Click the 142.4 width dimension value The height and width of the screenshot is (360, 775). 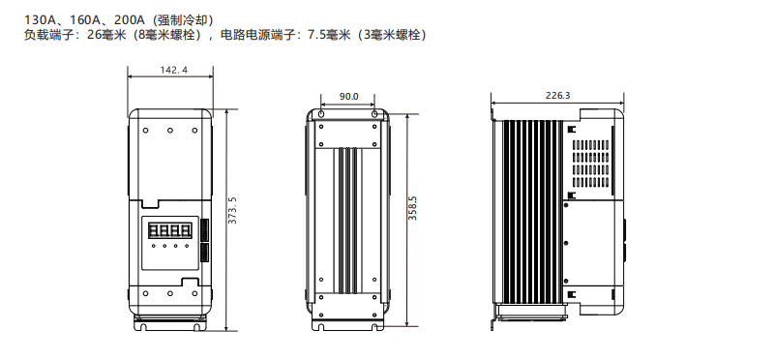coord(173,71)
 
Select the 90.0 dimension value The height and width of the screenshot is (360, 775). coord(348,97)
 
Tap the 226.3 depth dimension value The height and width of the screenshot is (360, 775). coord(557,96)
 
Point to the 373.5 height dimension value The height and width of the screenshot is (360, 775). coord(232,210)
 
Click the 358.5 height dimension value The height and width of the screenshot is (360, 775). coord(413,208)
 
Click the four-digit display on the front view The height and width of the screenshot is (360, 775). coord(169,231)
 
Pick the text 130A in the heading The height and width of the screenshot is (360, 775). coord(39,20)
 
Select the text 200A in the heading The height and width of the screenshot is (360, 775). coord(129,20)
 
